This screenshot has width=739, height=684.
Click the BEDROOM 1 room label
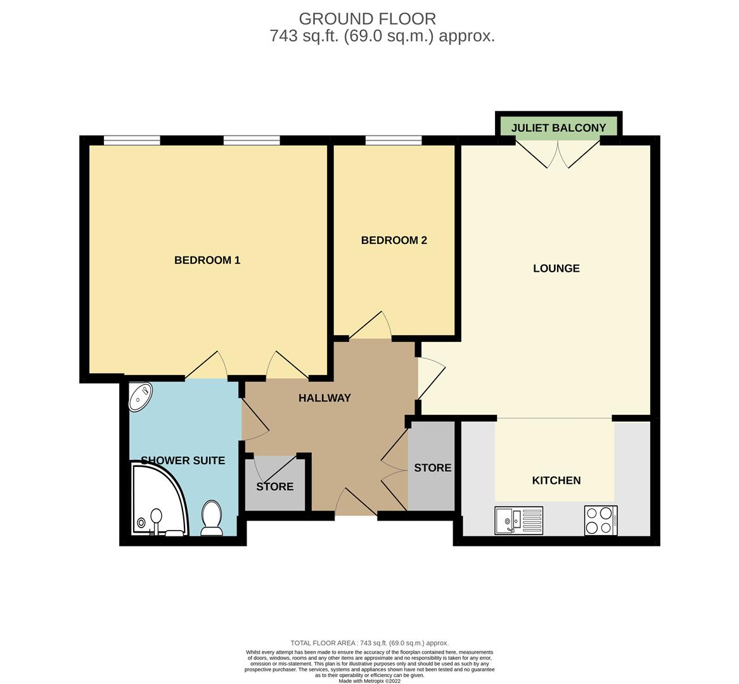click(207, 260)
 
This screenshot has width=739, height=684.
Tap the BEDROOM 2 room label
click(394, 241)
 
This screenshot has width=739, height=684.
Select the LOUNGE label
click(556, 269)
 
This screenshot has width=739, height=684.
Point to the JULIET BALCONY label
click(558, 128)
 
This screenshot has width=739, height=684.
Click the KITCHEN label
click(556, 481)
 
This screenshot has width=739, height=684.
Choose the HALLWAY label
click(325, 398)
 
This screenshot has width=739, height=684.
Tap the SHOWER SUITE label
click(183, 460)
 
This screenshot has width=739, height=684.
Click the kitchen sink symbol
click(518, 521)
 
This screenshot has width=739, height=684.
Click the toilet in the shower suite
click(211, 517)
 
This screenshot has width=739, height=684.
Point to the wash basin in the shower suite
click(141, 396)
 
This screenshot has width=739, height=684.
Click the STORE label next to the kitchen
click(432, 468)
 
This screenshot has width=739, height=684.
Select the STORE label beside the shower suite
click(274, 487)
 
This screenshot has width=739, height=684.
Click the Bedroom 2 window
click(394, 141)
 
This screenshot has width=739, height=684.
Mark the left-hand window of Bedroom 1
click(132, 141)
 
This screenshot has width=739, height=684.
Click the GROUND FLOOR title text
click(367, 19)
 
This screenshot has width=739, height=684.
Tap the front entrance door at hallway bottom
click(356, 504)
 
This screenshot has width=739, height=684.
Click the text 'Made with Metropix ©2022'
click(369, 681)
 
